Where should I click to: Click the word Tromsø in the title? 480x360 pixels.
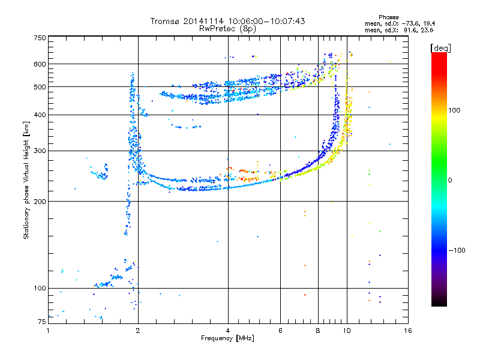(x=165, y=21)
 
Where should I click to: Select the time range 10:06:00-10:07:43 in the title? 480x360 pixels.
(x=266, y=21)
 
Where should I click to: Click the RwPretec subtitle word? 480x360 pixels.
(x=217, y=29)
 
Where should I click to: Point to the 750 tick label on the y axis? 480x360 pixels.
(x=40, y=38)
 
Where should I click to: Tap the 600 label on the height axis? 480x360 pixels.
(x=40, y=64)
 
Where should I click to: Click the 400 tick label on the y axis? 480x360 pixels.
(x=40, y=115)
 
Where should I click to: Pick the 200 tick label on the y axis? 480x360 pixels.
(x=40, y=202)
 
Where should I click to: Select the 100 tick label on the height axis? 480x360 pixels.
(x=40, y=288)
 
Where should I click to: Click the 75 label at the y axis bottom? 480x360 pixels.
(x=42, y=322)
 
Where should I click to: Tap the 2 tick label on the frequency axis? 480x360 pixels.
(x=138, y=331)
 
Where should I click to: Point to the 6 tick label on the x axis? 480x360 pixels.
(x=280, y=331)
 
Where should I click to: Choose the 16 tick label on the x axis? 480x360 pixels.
(x=408, y=331)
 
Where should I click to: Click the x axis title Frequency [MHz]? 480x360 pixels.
(x=227, y=338)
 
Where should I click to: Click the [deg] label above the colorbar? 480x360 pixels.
(x=440, y=48)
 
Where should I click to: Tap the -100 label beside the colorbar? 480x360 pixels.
(x=457, y=250)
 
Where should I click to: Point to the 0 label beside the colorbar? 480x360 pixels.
(x=450, y=180)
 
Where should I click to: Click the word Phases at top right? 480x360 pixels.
(x=388, y=17)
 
